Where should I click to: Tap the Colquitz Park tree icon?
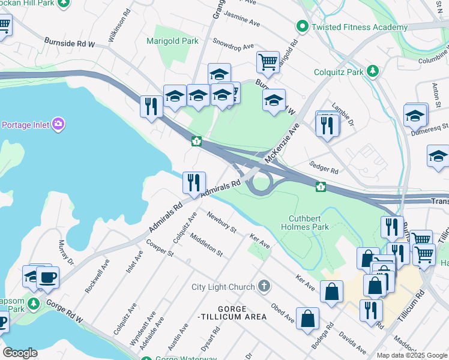(373, 71)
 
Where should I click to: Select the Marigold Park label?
(172, 41)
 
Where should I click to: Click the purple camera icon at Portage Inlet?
(58, 125)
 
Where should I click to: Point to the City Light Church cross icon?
(264, 286)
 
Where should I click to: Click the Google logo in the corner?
(19, 352)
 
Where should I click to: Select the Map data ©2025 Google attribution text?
(411, 355)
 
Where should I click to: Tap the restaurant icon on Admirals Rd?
(194, 182)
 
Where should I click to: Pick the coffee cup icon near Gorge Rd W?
(47, 277)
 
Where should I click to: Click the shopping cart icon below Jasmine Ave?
(268, 61)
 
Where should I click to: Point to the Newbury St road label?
(221, 221)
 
